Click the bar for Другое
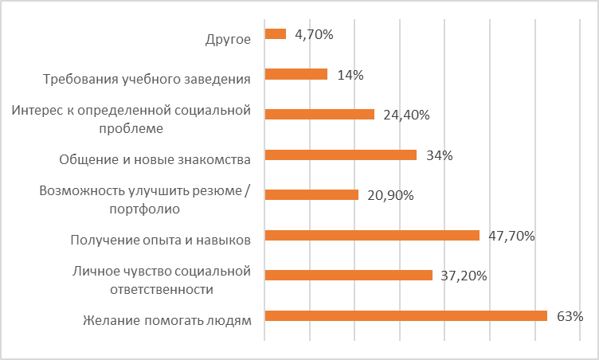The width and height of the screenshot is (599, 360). pos(275,33)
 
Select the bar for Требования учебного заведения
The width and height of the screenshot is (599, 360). pos(296,74)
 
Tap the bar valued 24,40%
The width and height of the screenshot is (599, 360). pos(319,114)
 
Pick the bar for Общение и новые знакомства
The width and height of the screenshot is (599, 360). pos(340,155)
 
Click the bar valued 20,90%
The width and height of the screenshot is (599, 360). pos(311,194)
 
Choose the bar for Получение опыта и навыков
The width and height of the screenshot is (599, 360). pos(371,235)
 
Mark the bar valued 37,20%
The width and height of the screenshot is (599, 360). pos(348,275)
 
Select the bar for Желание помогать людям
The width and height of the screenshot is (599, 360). pos(405,315)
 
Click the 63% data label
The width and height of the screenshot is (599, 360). pos(570,316)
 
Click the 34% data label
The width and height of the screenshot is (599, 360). pos(439,155)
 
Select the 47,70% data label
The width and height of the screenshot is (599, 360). pos(511,236)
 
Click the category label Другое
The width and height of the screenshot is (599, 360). pos(228,37)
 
